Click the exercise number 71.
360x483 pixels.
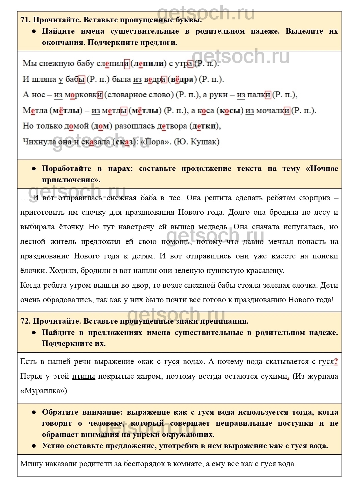pyautogui.click(x=25, y=20)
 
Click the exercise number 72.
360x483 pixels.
pyautogui.click(x=25, y=321)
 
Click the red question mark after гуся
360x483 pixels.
pyautogui.click(x=336, y=362)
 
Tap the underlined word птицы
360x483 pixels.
pyautogui.click(x=83, y=376)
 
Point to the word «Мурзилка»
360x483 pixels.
pyautogui.click(x=44, y=391)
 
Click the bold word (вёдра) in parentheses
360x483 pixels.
pyautogui.click(x=182, y=79)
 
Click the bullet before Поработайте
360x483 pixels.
pyautogui.click(x=34, y=169)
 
